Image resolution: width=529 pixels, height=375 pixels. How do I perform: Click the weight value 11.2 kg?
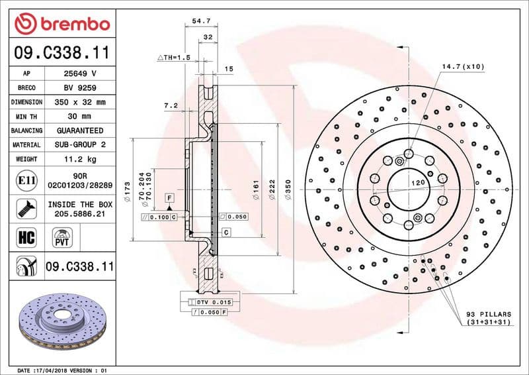[79, 159]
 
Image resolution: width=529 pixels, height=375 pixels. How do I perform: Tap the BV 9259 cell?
[79, 88]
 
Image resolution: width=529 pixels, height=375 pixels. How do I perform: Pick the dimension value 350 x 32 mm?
[79, 103]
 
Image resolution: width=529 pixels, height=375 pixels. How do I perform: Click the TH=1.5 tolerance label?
[173, 58]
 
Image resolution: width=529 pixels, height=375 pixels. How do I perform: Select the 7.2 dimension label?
[171, 105]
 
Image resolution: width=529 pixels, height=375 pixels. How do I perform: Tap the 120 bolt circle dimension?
[417, 182]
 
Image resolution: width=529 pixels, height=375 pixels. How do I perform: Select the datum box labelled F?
[170, 198]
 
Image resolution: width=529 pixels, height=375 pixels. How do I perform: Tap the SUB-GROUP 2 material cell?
[79, 144]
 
